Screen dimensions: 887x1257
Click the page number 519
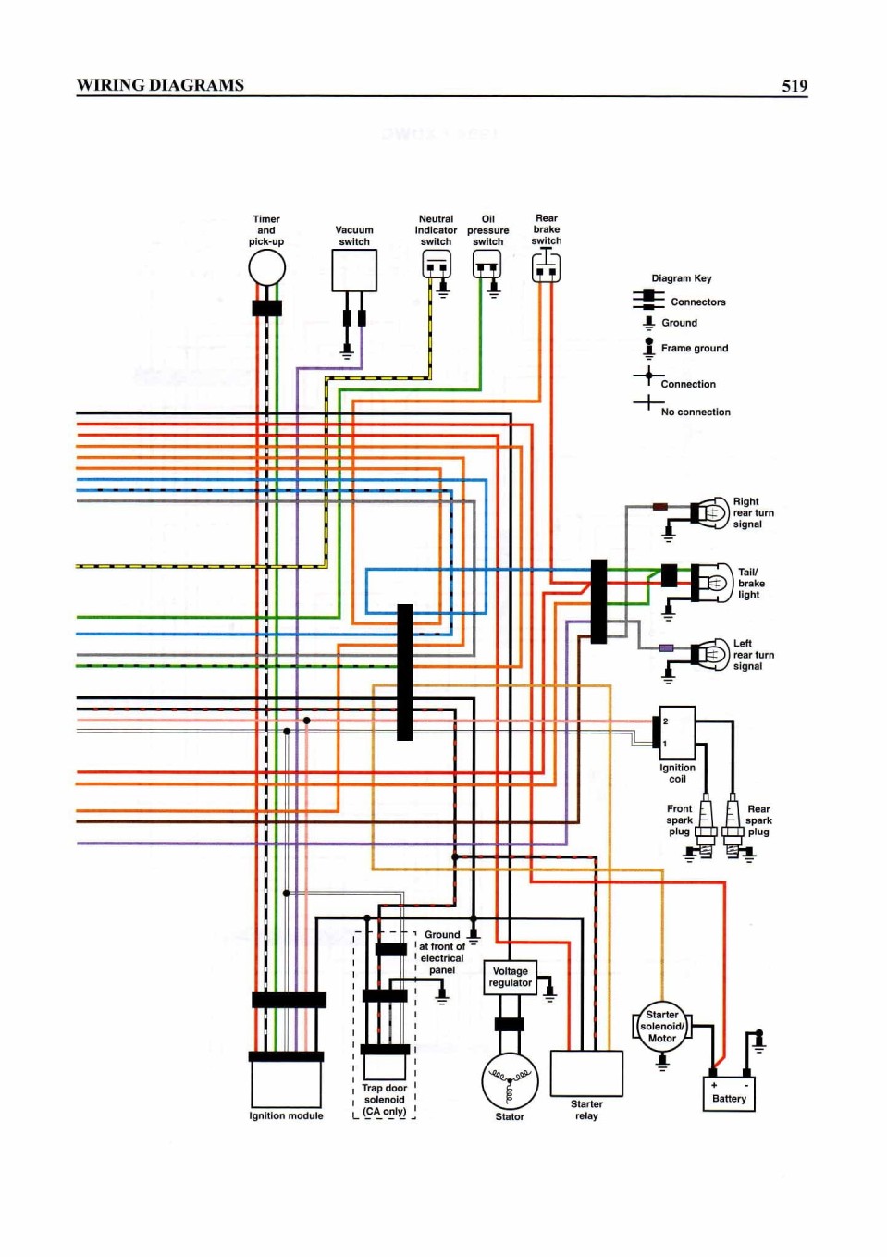click(x=795, y=85)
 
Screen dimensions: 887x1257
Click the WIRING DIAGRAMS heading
click(x=160, y=85)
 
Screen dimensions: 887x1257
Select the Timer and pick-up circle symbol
click(x=266, y=267)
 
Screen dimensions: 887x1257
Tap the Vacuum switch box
click(x=354, y=270)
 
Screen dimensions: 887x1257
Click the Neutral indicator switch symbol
click(x=437, y=264)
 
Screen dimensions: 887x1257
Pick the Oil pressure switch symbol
click(x=487, y=264)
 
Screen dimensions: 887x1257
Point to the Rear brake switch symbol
click(x=546, y=267)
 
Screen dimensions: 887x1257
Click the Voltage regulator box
click(x=510, y=978)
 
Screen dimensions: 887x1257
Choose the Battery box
click(x=729, y=1093)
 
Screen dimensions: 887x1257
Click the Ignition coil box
click(x=677, y=733)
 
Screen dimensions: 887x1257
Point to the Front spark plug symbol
click(x=704, y=825)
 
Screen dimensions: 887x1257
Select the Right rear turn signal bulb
click(x=712, y=511)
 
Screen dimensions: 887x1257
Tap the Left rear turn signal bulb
click(x=712, y=654)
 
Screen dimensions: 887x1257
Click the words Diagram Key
click(x=681, y=278)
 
